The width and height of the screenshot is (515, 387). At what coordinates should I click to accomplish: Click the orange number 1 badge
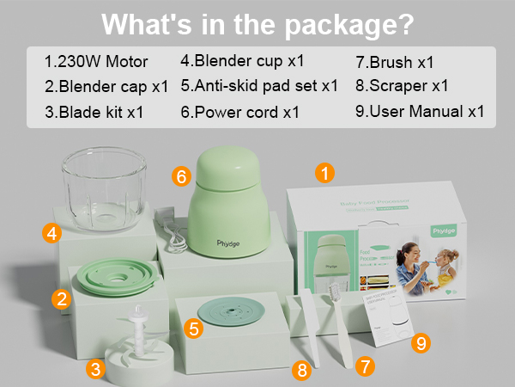324,173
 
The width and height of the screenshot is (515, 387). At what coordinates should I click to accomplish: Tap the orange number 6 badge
180,176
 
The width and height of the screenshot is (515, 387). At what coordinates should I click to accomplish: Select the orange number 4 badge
52,232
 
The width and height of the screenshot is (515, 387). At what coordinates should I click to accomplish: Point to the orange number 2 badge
60,298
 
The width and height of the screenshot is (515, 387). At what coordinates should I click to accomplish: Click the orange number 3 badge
97,369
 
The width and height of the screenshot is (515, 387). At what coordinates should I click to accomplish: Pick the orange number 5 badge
194,327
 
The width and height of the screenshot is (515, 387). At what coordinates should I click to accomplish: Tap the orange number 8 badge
300,371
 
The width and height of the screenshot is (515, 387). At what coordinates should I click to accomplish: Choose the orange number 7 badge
366,365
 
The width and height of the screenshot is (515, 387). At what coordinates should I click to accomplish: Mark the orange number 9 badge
420,343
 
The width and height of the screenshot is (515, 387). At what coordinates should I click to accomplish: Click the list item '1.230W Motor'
96,62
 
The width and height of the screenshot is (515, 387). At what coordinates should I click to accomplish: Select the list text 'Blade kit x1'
101,112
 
